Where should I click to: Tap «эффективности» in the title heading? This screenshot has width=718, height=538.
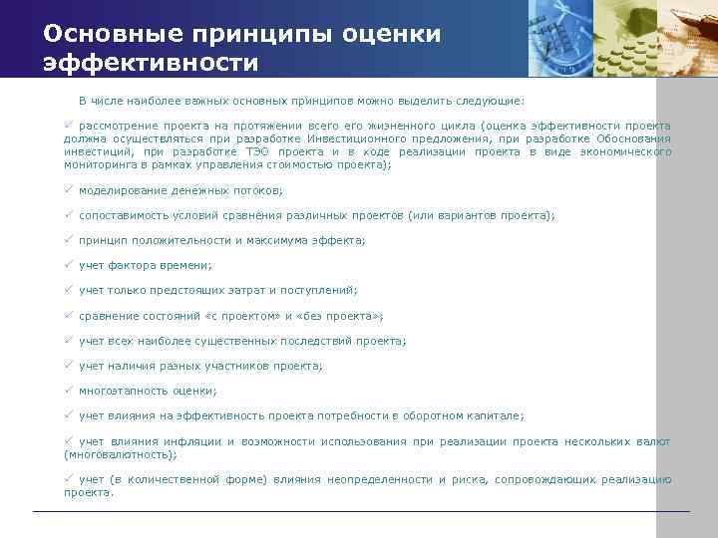150,64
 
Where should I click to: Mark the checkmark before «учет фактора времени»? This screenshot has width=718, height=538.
70,265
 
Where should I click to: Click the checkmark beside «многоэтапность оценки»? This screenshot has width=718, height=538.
70,391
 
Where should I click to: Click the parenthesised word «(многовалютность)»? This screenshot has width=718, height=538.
120,454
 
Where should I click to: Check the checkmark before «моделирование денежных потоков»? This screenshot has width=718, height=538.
70,189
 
